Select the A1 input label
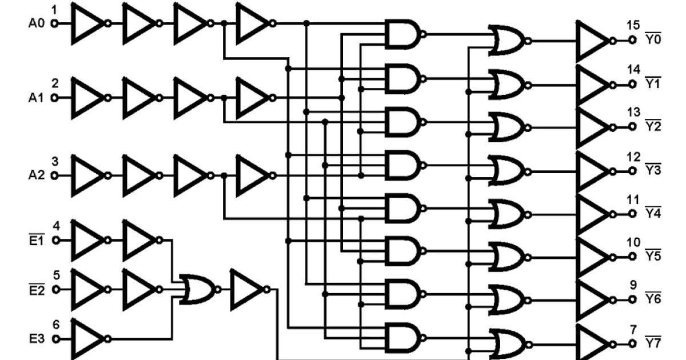click(x=35, y=98)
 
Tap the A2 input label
click(x=35, y=175)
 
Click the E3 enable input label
click(x=36, y=339)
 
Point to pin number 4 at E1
click(x=56, y=225)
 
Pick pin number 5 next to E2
click(x=56, y=275)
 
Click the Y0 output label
click(x=653, y=41)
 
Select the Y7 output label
click(x=653, y=344)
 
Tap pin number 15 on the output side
click(x=633, y=25)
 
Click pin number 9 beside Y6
click(x=633, y=284)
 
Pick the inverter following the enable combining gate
click(x=246, y=289)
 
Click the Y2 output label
click(x=653, y=126)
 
